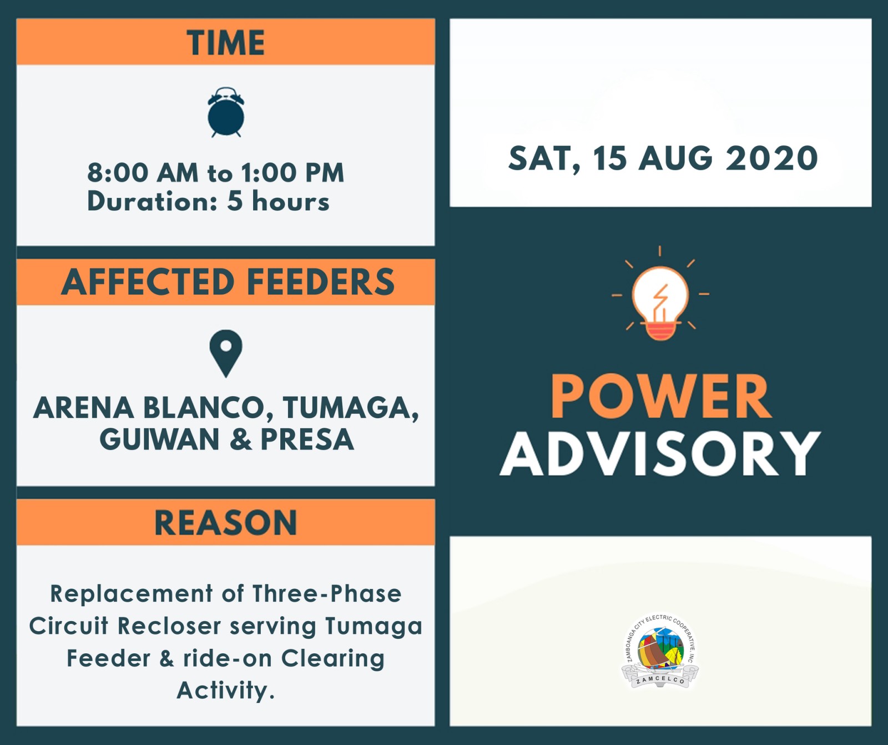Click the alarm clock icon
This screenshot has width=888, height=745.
225,112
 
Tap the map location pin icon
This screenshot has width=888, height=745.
226,354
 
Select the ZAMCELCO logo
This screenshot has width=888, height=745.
660,651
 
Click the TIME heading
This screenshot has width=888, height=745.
226,43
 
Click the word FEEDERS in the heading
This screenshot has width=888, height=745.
321,282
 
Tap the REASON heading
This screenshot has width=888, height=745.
225,523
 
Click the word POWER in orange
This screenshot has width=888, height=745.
660,396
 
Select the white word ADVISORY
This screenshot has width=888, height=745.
660,454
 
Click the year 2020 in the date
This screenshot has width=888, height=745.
771,158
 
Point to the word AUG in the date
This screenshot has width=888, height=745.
675,158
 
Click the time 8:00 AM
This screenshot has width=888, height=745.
143,173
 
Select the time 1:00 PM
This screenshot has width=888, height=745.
293,173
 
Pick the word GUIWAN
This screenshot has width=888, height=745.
160,439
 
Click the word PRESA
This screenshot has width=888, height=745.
307,439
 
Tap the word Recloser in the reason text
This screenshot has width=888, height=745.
170,626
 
